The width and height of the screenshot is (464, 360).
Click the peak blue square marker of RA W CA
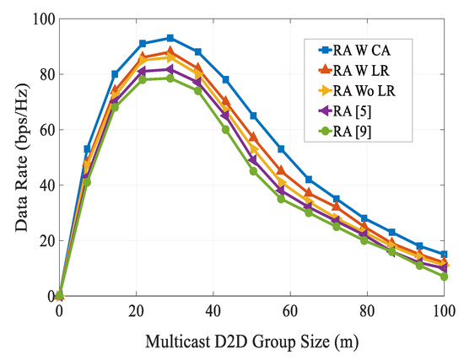170,38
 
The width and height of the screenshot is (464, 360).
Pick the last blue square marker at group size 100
444,254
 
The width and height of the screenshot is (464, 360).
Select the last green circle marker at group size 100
444,277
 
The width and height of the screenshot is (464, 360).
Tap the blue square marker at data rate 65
253,116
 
